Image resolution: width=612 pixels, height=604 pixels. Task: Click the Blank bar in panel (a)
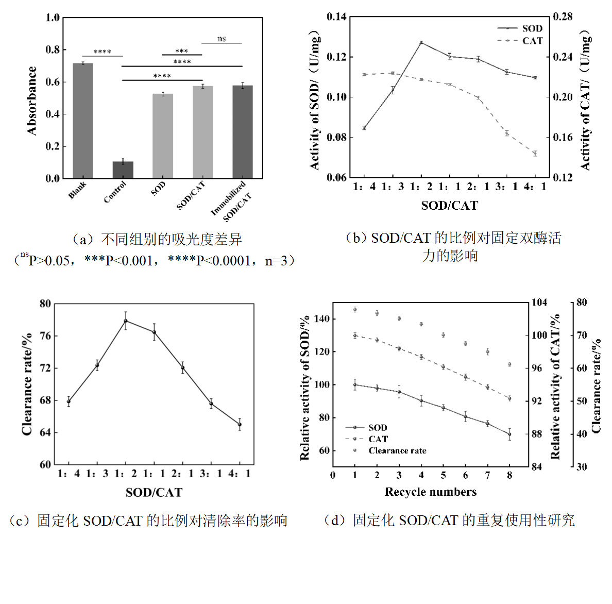82,121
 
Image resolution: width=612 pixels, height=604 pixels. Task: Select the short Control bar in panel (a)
123,170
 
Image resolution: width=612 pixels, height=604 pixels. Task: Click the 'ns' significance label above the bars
222,39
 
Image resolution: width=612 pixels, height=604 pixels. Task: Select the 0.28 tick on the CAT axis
563,17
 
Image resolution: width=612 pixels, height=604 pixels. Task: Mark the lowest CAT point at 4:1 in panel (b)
535,154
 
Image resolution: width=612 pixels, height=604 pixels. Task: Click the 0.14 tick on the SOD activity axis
336,17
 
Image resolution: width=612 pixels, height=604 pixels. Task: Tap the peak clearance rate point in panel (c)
125,321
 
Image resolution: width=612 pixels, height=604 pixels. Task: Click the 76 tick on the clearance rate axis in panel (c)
45,336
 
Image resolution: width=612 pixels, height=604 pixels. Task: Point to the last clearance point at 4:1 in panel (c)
240,425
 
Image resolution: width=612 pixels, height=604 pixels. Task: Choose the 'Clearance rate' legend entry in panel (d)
397,451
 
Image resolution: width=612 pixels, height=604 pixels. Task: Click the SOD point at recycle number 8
509,434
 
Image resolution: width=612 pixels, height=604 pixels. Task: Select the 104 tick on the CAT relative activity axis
539,303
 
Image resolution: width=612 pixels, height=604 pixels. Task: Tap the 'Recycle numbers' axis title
430,492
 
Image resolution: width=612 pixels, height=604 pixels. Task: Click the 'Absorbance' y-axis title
32,100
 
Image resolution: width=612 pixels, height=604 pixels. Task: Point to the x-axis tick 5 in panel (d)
443,475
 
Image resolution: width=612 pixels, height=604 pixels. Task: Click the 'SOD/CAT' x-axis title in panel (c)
154,493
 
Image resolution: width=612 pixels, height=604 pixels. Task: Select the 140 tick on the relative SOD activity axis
321,319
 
